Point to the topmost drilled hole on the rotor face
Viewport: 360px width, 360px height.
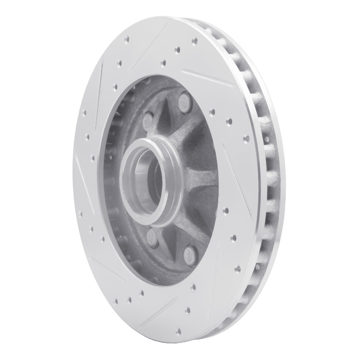(194, 40)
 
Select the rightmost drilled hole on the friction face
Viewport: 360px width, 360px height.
(247, 139)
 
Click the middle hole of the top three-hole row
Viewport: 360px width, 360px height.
(177, 49)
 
